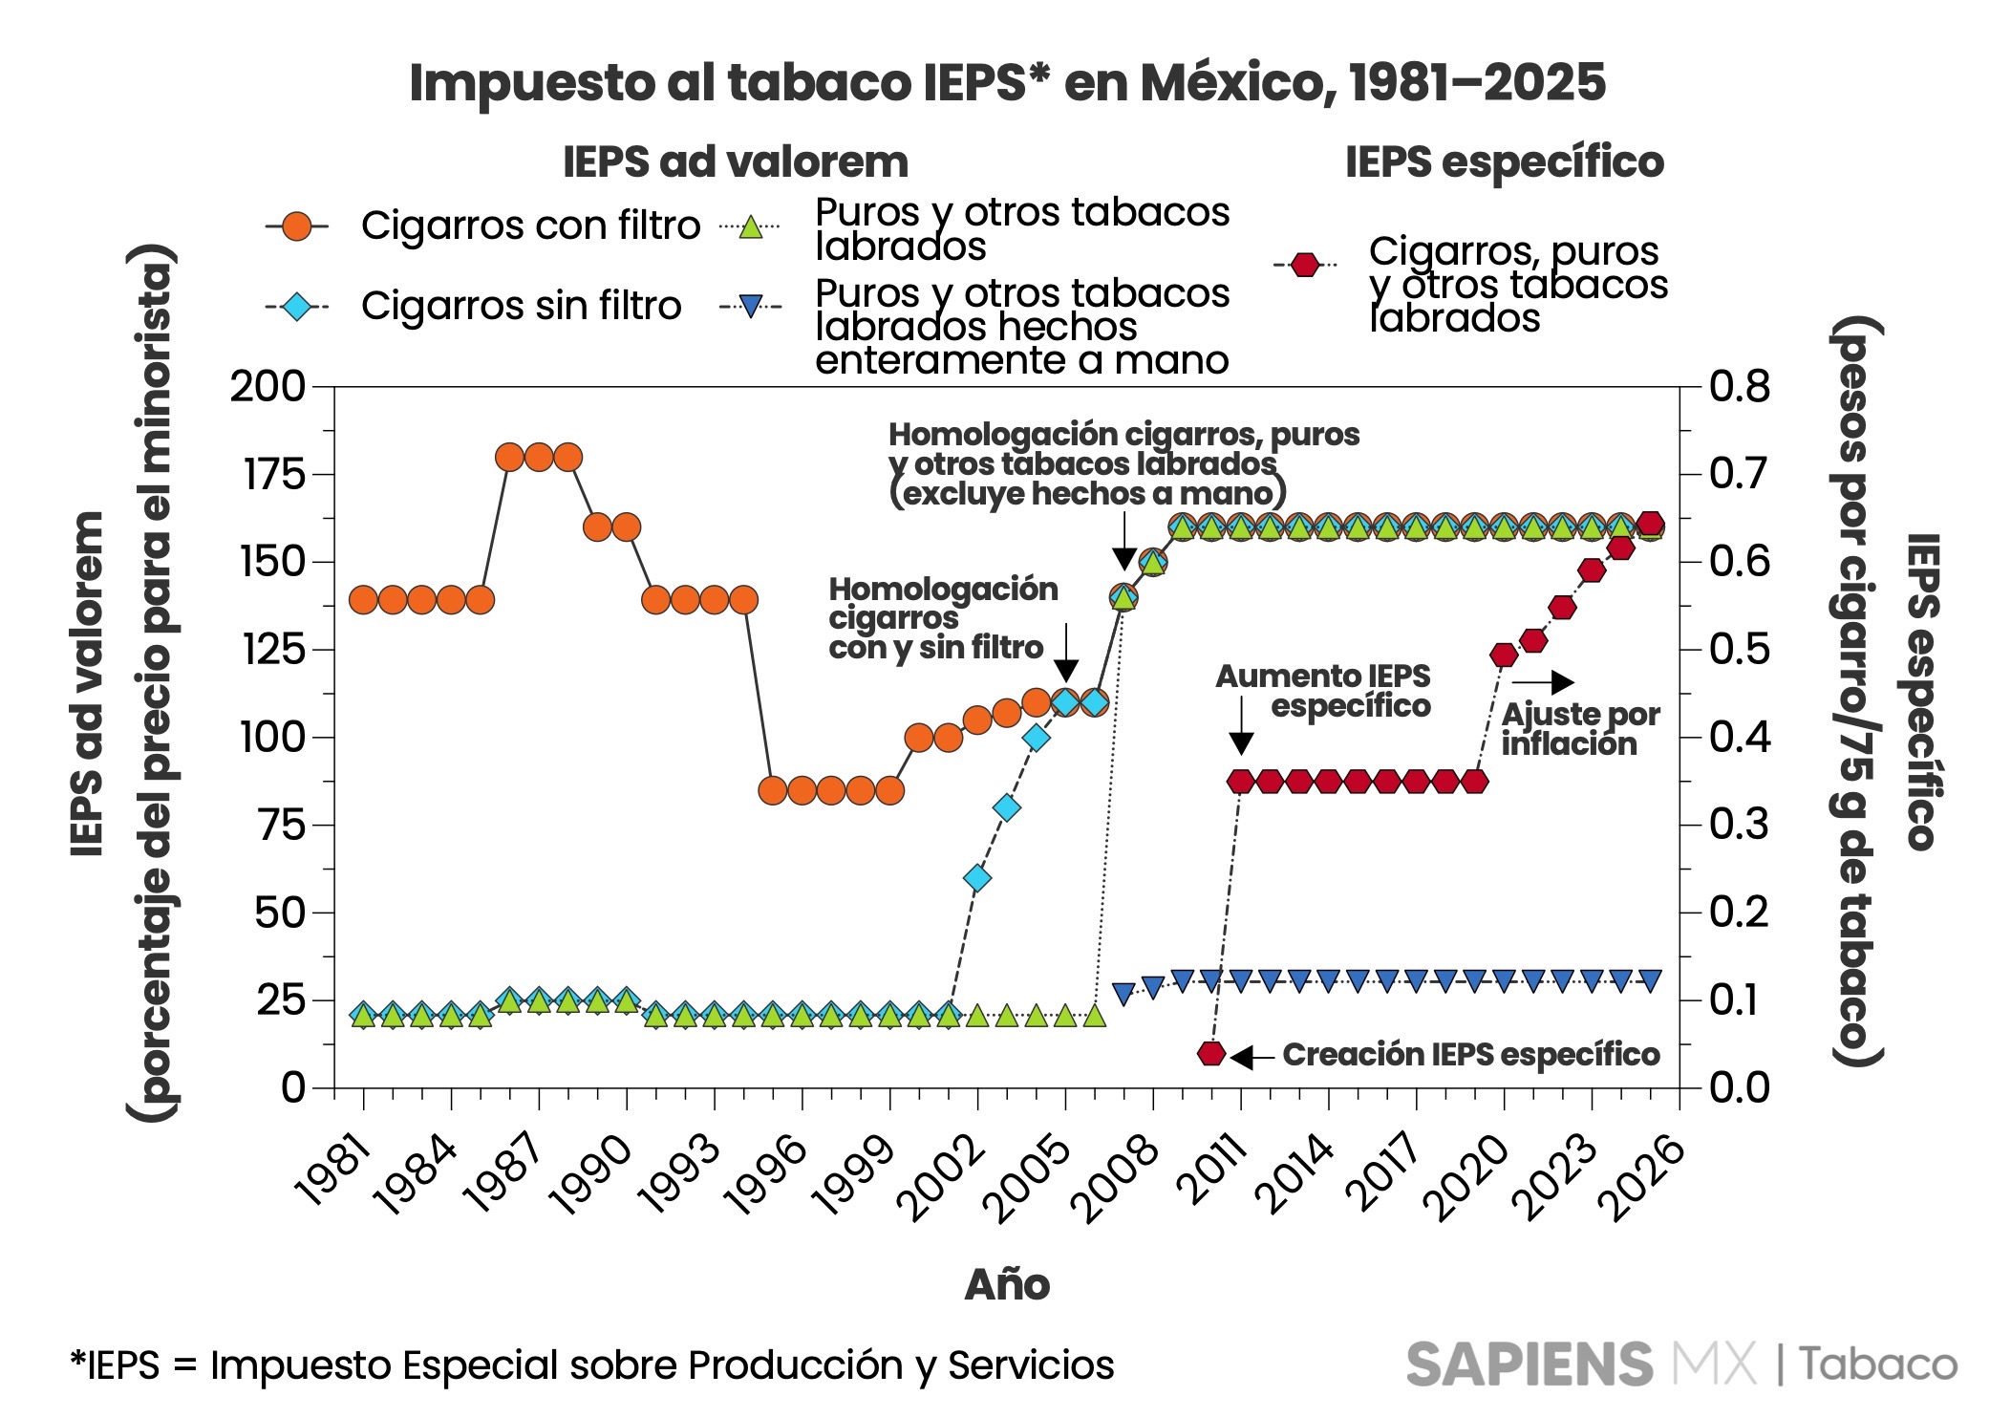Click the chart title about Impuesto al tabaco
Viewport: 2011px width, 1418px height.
pos(1007,82)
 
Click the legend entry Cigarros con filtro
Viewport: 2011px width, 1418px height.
pos(529,226)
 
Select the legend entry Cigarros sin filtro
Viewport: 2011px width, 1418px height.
pos(521,306)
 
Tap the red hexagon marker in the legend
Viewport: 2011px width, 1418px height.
pos(1305,265)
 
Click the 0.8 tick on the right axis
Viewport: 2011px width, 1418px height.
pos(1739,387)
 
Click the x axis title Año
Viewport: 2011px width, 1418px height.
pos(1007,1284)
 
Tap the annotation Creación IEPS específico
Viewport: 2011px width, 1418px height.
pos(1470,1054)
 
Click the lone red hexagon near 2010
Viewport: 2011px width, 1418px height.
pos(1211,1053)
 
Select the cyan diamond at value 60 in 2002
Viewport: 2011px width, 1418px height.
pos(976,877)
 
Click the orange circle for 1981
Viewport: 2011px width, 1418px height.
pos(363,600)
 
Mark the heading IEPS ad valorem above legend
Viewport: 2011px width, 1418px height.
pos(736,162)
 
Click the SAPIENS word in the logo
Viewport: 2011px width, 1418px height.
pos(1529,1364)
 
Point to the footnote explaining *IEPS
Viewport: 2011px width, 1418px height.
pos(591,1365)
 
